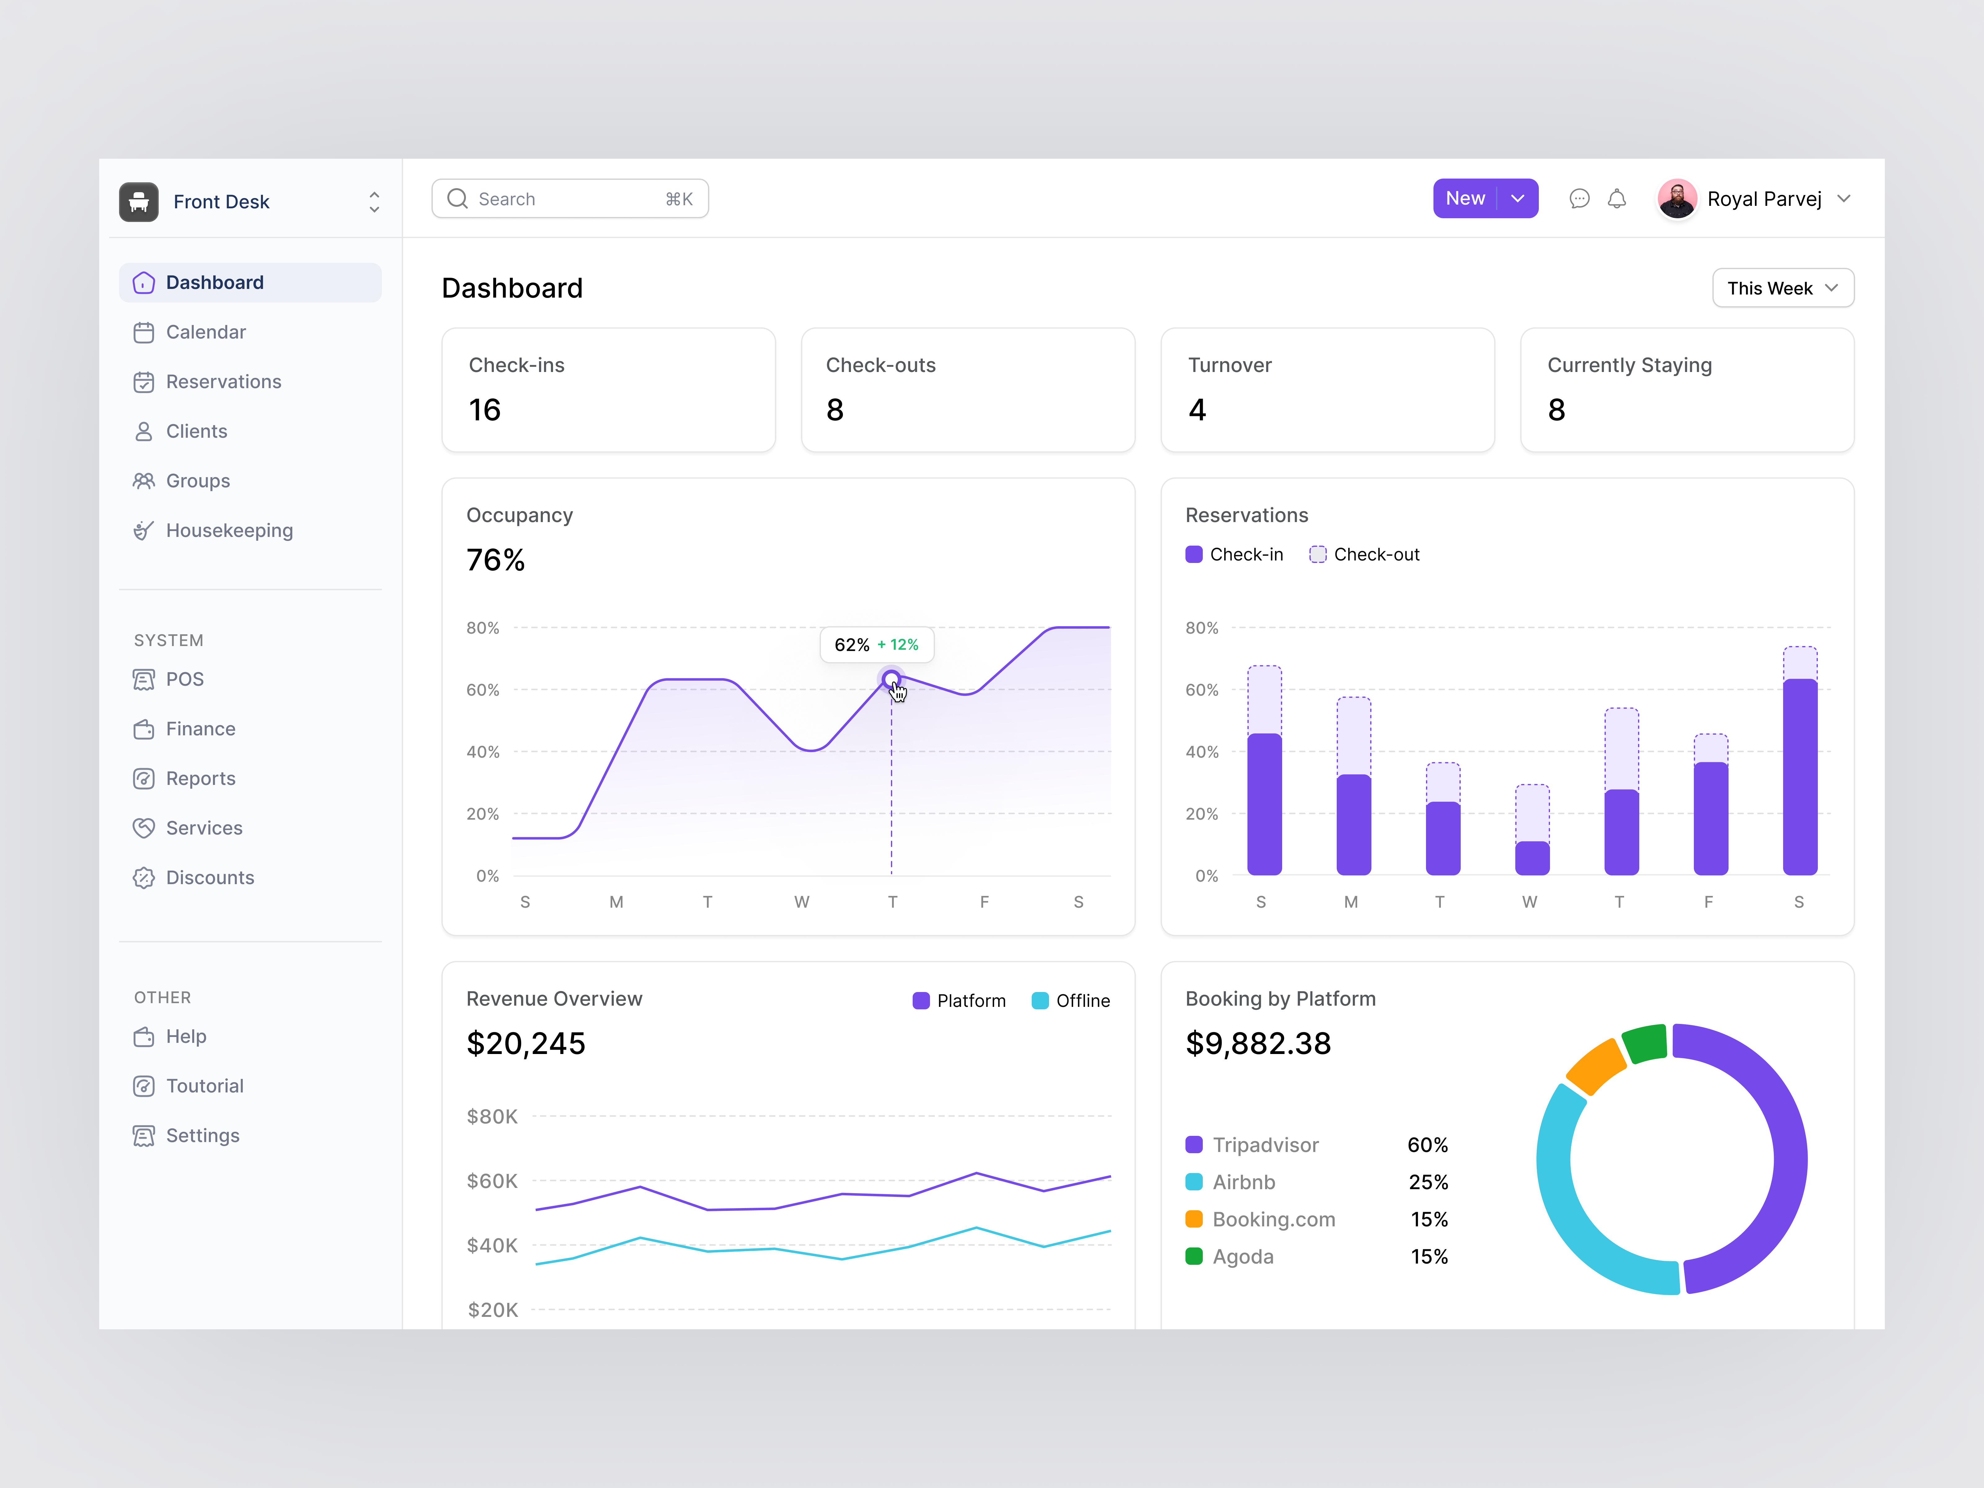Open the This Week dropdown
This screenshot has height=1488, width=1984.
tap(1782, 288)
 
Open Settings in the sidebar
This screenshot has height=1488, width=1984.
tap(203, 1136)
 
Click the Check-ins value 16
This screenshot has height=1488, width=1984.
tap(484, 410)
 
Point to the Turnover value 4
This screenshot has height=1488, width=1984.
tap(1198, 410)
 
